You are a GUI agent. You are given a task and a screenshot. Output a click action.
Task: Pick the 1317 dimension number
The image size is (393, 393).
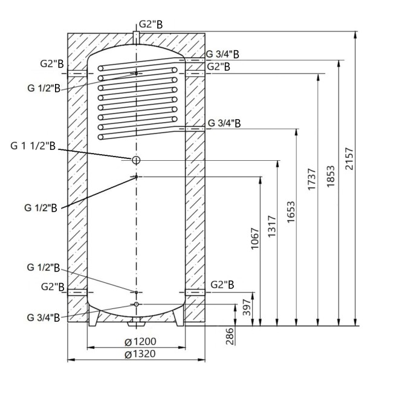273,226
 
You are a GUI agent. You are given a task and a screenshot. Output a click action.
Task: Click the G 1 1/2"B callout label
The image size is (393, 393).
33,147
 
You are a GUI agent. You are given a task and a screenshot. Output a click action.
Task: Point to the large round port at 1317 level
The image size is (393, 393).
136,160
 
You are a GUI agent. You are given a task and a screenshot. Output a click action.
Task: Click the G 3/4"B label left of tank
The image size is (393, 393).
43,317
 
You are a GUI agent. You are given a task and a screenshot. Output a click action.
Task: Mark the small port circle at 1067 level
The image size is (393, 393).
137,176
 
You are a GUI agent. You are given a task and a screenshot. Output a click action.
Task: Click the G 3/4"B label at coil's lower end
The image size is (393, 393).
224,123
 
